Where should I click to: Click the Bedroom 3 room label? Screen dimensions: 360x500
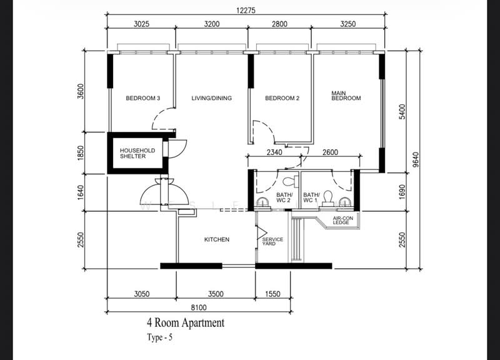click(x=143, y=98)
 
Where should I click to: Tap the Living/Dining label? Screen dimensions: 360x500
click(x=212, y=98)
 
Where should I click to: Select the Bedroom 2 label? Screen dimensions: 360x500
click(x=282, y=98)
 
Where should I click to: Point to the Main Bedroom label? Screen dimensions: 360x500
click(x=346, y=95)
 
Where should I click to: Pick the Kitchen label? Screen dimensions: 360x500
click(x=217, y=239)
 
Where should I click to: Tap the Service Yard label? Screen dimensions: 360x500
click(x=272, y=242)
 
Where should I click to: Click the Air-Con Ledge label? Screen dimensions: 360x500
click(x=341, y=219)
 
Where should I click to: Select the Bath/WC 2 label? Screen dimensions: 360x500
click(x=284, y=198)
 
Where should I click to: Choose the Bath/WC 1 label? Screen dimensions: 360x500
click(x=311, y=198)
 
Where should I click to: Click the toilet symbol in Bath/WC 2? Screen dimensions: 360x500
click(x=288, y=182)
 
